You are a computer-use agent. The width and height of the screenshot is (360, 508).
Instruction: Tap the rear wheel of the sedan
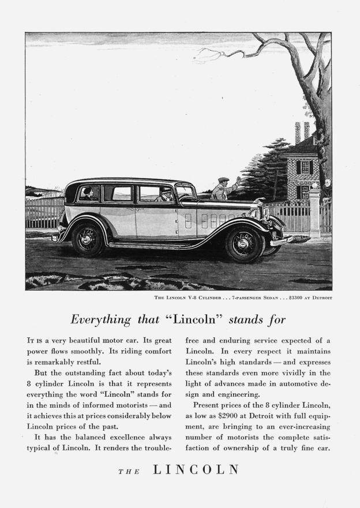coord(88,239)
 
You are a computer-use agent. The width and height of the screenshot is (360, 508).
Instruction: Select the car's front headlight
coord(266,213)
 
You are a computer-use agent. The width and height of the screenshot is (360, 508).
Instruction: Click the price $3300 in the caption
coord(287,298)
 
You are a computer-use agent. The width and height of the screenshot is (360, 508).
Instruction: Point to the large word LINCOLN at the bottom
coord(196,469)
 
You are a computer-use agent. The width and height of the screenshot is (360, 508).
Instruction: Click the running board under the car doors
coord(162,244)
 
